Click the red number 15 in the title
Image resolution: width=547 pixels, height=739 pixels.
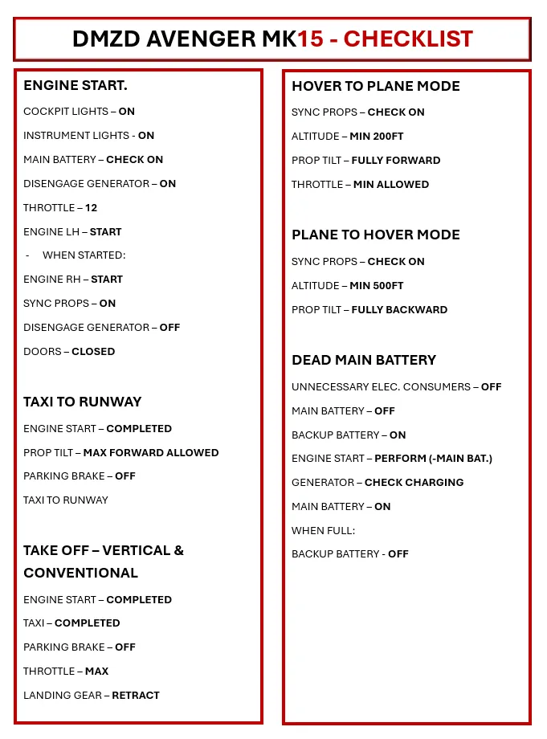310,39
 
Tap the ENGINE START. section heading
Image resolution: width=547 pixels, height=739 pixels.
76,85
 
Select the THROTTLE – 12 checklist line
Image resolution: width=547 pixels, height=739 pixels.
60,207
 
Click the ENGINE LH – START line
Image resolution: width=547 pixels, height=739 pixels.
72,231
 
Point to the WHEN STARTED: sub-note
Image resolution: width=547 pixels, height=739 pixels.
84,255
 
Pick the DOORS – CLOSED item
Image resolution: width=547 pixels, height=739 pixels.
69,351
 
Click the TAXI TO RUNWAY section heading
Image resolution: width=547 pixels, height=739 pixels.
82,402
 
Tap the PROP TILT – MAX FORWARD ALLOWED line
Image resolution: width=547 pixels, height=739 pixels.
120,452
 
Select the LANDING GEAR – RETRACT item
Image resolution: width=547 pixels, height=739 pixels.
92,695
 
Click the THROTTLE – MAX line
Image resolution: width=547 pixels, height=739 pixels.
66,671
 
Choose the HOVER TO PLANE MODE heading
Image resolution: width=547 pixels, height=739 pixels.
376,86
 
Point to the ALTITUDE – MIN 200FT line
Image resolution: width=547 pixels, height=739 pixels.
348,137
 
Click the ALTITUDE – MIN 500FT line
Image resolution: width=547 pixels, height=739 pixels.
348,285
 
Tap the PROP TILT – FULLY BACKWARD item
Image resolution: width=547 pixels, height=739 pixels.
369,309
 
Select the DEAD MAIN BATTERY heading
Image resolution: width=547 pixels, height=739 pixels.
364,360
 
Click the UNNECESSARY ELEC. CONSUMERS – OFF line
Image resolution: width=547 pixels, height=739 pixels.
396,386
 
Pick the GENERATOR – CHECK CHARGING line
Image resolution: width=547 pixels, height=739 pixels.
378,482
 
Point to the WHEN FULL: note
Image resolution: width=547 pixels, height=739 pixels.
323,530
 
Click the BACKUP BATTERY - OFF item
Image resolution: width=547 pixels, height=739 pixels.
350,553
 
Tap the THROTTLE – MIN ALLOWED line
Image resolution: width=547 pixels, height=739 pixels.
360,184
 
